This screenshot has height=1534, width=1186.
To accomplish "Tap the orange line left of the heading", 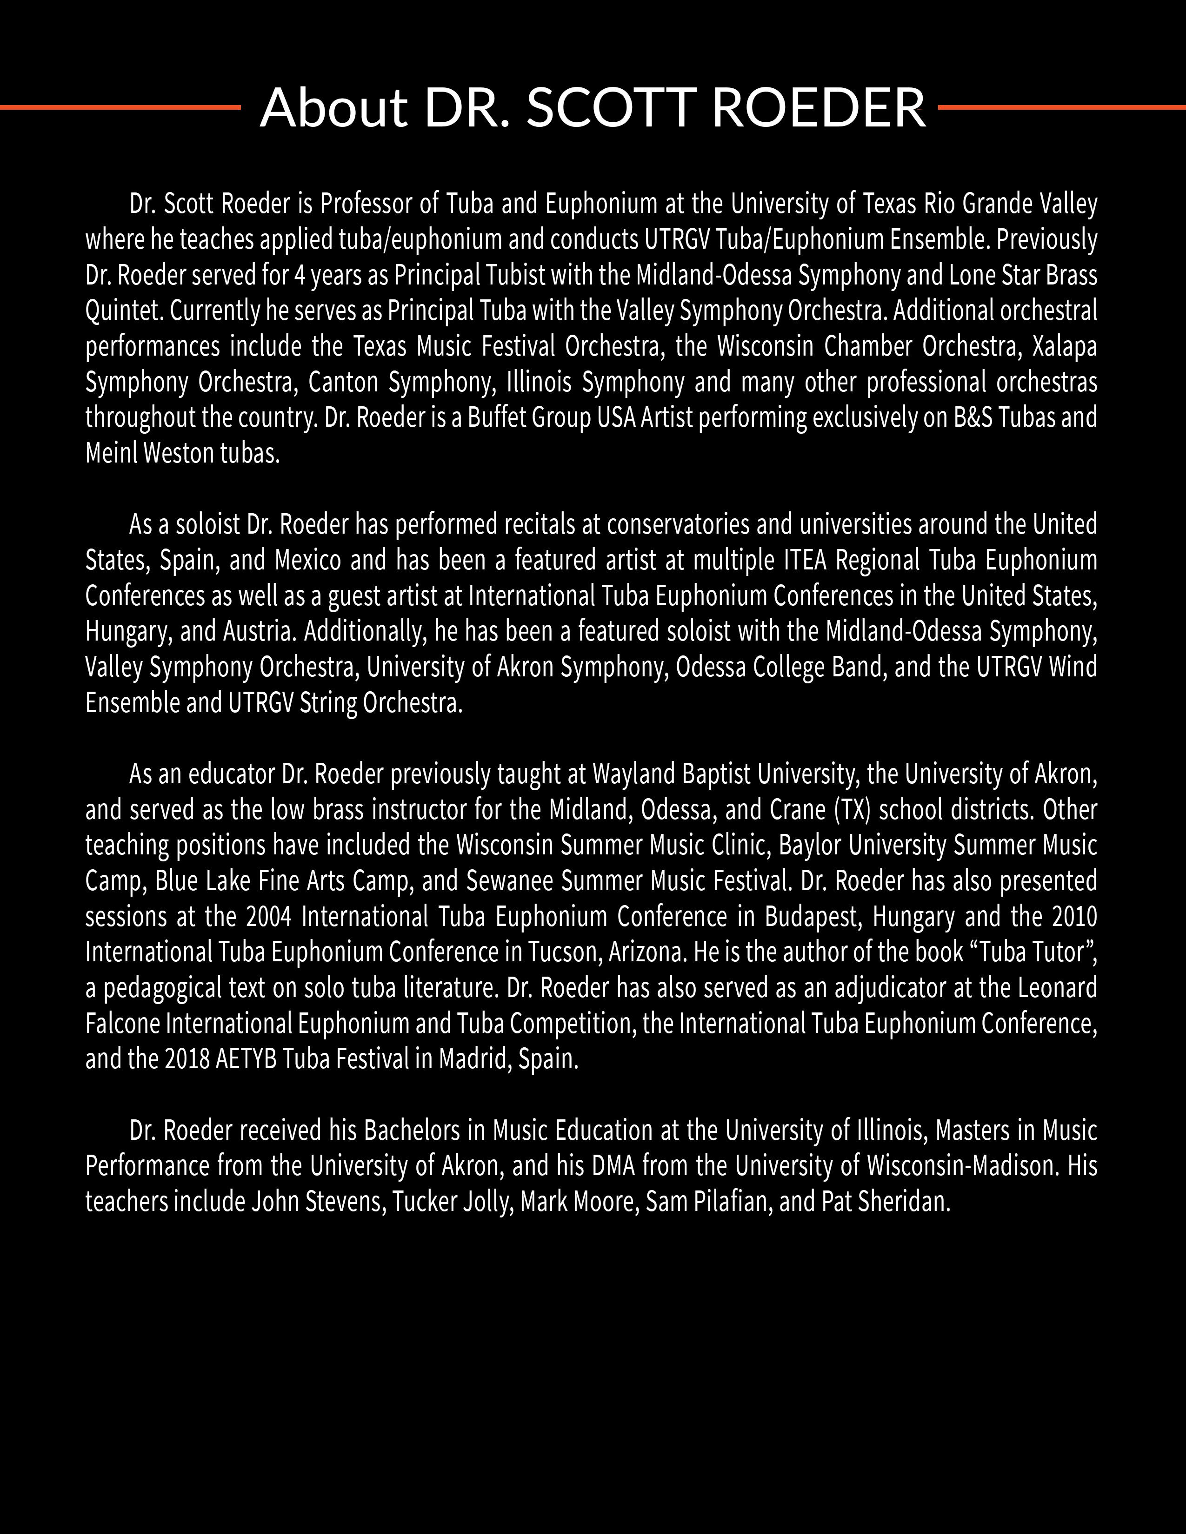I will point(120,107).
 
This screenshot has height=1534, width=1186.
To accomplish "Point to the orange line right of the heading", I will point(1061,107).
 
